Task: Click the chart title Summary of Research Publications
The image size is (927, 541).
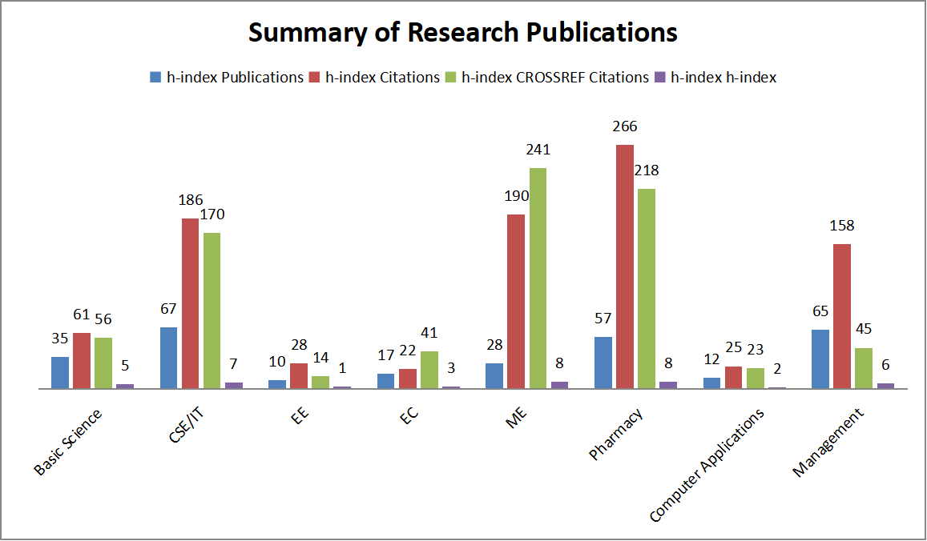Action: click(462, 33)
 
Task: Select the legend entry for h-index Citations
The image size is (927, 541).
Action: click(374, 78)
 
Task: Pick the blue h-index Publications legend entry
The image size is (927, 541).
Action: click(227, 78)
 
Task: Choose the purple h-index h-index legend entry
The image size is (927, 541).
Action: click(715, 78)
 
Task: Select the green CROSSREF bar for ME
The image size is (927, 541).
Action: click(538, 278)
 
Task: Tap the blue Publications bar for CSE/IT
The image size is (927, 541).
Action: click(169, 358)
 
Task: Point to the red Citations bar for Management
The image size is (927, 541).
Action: click(841, 316)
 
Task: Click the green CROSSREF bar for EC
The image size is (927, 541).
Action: click(429, 370)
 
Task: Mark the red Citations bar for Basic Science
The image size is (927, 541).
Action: click(82, 360)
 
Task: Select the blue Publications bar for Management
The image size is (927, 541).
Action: click(820, 359)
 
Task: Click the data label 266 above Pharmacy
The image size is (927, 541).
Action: click(625, 126)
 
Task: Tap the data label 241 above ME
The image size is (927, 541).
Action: click(538, 150)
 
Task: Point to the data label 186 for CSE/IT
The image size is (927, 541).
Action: click(190, 200)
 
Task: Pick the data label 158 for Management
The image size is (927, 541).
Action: click(841, 226)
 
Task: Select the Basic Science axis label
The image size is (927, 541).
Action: click(69, 442)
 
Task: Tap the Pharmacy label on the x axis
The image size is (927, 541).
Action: click(616, 434)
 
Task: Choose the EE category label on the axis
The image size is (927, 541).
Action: click(301, 418)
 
